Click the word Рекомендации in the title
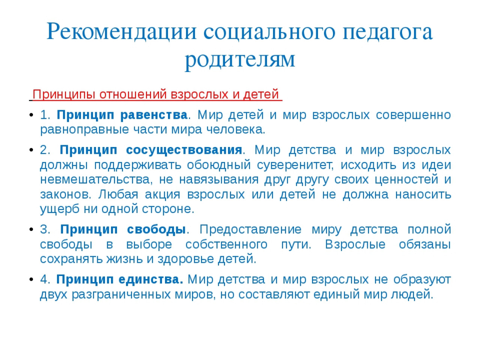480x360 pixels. [121, 32]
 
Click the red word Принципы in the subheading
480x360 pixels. [64, 94]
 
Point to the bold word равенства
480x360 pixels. [154, 115]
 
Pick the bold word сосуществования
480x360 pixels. [184, 150]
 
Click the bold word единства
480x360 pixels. [151, 280]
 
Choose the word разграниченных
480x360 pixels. [121, 295]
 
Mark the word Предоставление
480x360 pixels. [250, 230]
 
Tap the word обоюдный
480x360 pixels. [219, 165]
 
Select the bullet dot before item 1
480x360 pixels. [31, 115]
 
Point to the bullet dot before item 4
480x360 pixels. [31, 280]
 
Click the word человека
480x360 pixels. [236, 130]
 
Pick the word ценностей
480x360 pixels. [406, 180]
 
